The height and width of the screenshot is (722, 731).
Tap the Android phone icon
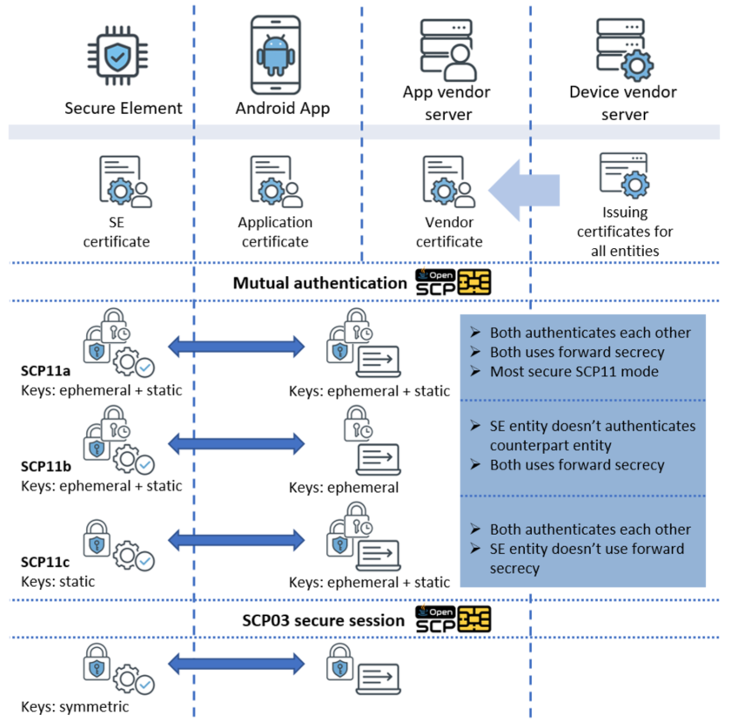tap(277, 56)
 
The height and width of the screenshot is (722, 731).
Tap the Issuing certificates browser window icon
tap(624, 175)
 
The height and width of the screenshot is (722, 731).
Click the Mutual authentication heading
tap(319, 283)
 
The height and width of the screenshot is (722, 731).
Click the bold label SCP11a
tap(46, 371)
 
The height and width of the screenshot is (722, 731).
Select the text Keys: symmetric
tap(75, 706)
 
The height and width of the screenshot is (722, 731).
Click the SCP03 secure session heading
tap(323, 621)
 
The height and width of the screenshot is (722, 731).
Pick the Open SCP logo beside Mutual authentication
tap(453, 283)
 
